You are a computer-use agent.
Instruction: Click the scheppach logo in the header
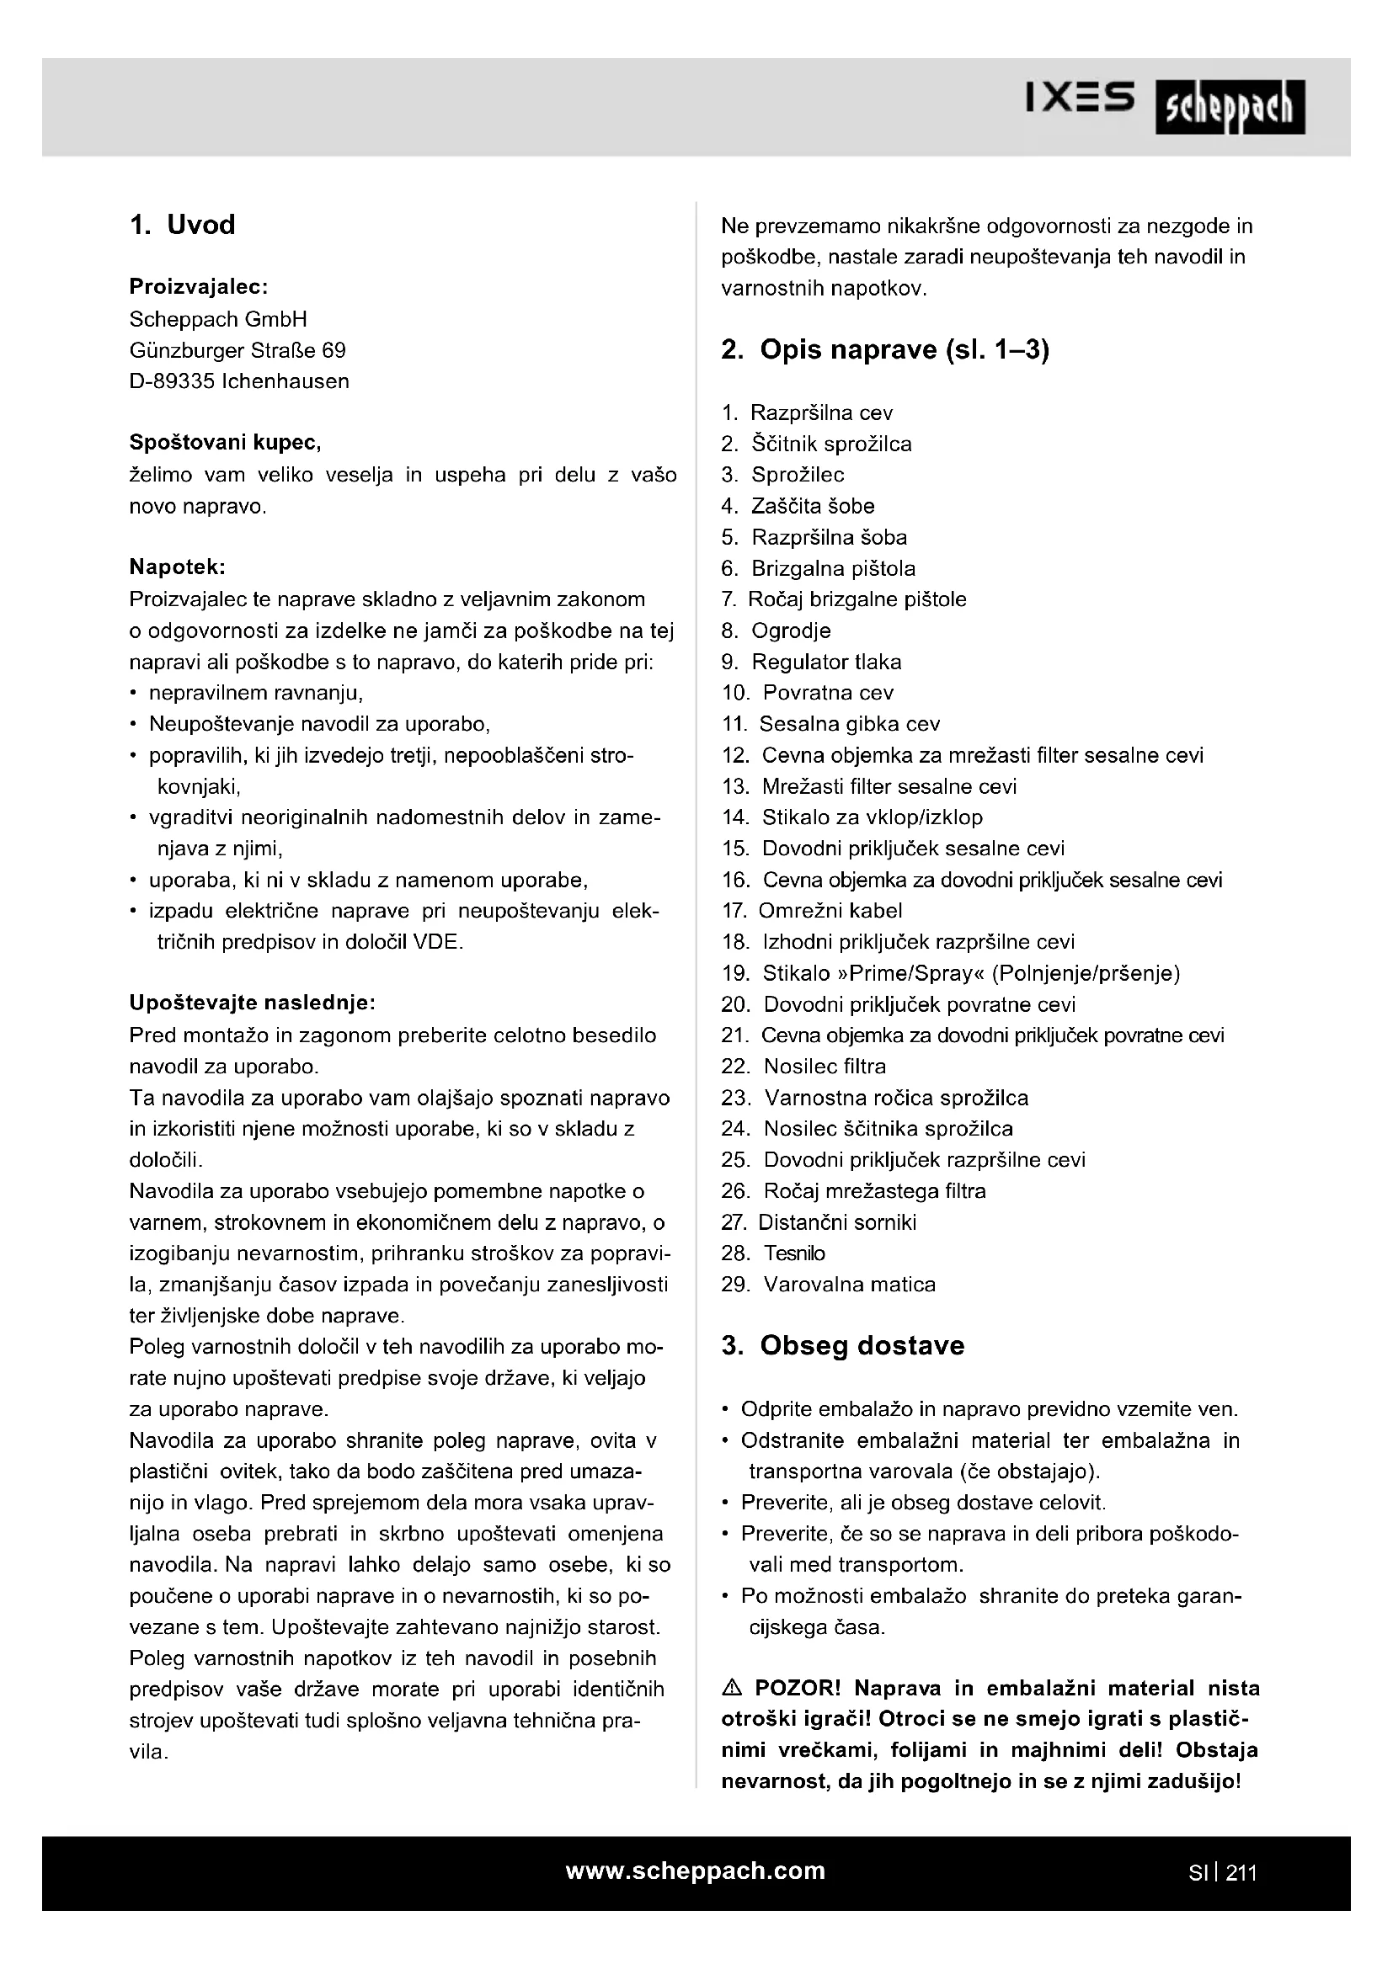click(1229, 107)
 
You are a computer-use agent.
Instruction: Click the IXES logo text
click(1081, 98)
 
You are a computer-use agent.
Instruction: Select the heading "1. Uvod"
click(182, 225)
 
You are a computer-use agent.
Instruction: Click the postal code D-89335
click(172, 381)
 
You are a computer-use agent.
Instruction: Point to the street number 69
click(334, 351)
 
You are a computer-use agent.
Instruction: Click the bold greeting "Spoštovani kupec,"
click(225, 443)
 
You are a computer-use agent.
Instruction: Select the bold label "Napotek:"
click(178, 567)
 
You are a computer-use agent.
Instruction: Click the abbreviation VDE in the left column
click(437, 943)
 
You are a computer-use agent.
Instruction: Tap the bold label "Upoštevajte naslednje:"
click(252, 1003)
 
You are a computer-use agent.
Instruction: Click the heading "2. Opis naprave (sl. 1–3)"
click(885, 350)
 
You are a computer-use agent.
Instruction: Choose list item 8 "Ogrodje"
click(790, 631)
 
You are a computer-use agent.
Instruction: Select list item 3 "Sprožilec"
click(797, 475)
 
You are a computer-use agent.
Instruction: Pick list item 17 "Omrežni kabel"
click(830, 911)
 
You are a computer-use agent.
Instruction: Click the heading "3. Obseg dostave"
click(842, 1345)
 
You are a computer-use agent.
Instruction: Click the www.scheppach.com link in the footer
click(695, 1871)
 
